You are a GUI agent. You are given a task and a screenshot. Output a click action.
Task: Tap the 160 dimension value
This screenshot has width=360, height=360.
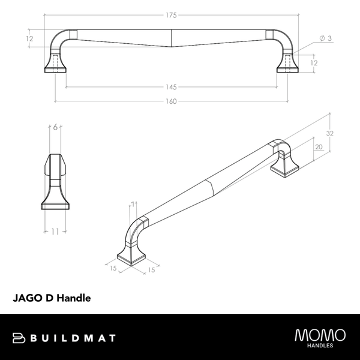tap(172, 101)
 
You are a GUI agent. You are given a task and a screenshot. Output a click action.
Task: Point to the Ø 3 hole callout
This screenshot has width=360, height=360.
tap(326, 38)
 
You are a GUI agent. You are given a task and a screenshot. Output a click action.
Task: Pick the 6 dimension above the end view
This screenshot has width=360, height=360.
tap(55, 127)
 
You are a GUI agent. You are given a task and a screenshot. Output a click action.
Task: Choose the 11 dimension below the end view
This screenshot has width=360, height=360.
tap(55, 231)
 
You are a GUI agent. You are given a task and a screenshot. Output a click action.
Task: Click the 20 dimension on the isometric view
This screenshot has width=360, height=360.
tap(318, 146)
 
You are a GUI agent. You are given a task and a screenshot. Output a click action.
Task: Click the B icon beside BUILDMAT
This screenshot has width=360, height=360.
tap(19, 337)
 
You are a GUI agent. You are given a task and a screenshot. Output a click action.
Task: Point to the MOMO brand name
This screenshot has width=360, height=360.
tap(320, 334)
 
